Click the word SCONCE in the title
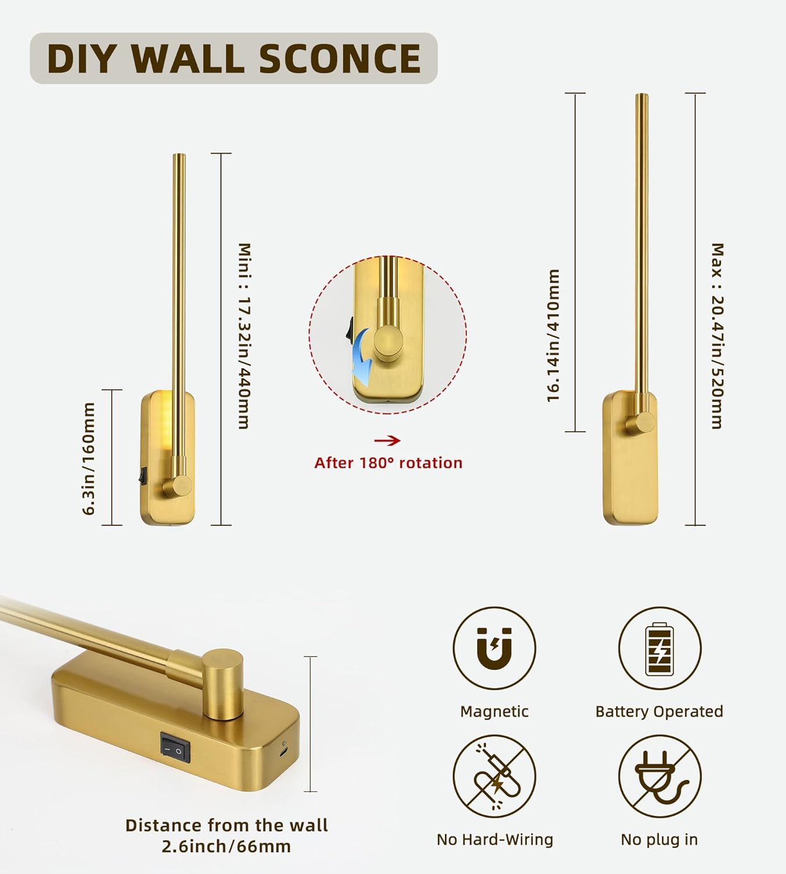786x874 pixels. point(339,58)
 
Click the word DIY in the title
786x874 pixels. point(79,58)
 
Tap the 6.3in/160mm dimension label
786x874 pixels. point(88,458)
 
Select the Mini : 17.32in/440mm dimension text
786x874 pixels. point(245,336)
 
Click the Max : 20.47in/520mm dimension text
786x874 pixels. point(717,336)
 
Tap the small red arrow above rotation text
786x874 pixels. point(387,440)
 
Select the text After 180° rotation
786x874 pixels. point(388,463)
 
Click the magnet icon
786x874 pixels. point(494,648)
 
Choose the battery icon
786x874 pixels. point(659,648)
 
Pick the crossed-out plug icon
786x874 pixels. point(659,776)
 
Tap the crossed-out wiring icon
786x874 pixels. point(494,776)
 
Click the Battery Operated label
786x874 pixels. point(659,711)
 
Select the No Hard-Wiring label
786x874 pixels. point(495,840)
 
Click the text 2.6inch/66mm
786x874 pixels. point(226,846)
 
